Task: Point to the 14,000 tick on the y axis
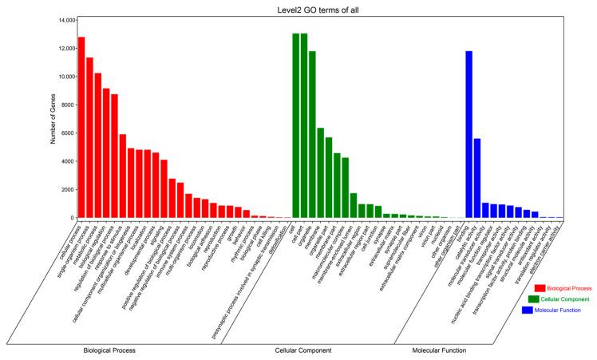coord(63,20)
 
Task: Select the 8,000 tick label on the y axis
coord(65,105)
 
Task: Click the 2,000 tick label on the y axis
coord(65,189)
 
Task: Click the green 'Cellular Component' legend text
coord(568,299)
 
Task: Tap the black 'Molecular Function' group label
coord(440,350)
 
